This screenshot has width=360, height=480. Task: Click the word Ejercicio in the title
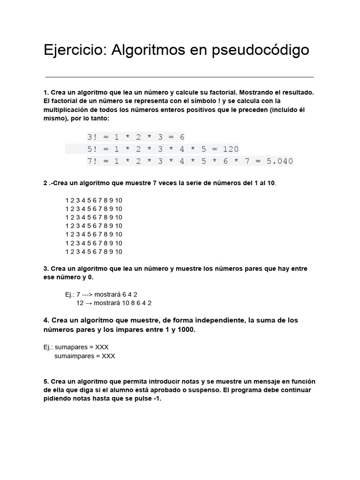point(75,50)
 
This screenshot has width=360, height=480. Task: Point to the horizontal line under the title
point(180,77)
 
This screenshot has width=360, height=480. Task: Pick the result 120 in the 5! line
point(231,149)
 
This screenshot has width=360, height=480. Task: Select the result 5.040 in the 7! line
point(280,161)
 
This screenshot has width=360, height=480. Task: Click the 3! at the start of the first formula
point(93,137)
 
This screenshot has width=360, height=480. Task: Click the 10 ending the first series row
point(119,200)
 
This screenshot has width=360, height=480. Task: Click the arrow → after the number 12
point(88,303)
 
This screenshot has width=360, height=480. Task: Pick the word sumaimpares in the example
point(73,356)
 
